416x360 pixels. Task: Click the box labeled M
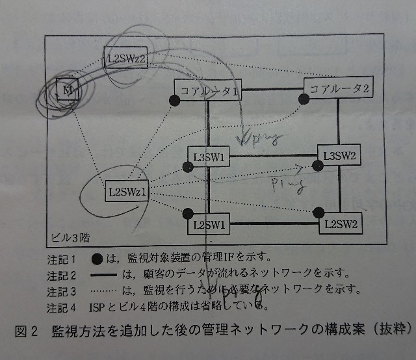point(67,91)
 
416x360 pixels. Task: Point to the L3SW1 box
point(209,157)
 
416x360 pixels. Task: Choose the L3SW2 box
point(339,156)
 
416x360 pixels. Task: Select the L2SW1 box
point(209,224)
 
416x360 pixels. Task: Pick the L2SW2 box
point(339,224)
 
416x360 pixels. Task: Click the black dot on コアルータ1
point(174,100)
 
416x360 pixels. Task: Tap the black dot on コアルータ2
point(303,98)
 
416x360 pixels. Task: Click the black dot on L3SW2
point(318,167)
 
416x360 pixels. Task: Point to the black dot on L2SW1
point(188,214)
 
